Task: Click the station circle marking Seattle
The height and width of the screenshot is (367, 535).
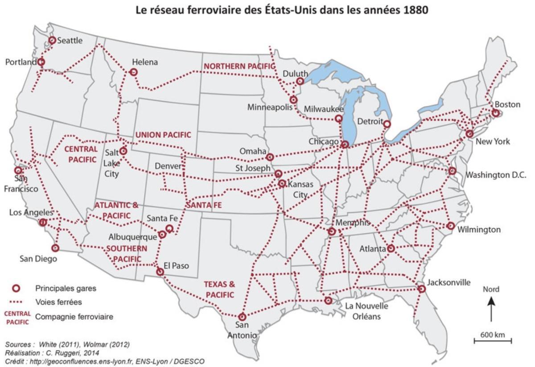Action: point(52,40)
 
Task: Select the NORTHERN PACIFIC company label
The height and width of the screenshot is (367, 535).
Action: point(239,66)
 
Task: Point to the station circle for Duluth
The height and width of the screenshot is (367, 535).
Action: point(300,81)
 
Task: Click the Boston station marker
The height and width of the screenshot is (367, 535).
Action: point(495,113)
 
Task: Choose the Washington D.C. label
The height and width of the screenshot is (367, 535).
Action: point(495,175)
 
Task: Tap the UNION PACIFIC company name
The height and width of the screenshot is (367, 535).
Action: point(163,135)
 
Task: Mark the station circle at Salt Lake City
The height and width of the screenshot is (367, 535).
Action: point(123,151)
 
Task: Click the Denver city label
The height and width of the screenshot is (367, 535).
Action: point(168,166)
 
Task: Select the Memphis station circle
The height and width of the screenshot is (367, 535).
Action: point(332,231)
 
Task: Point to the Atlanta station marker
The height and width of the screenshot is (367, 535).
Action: point(391,248)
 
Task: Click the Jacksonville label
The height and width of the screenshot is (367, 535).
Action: point(448,283)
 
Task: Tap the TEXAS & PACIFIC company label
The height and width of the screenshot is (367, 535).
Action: point(219,289)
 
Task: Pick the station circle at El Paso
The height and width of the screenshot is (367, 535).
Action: point(160,272)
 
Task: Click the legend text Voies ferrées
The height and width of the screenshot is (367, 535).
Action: point(58,302)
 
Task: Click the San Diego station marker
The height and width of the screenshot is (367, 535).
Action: point(55,247)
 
